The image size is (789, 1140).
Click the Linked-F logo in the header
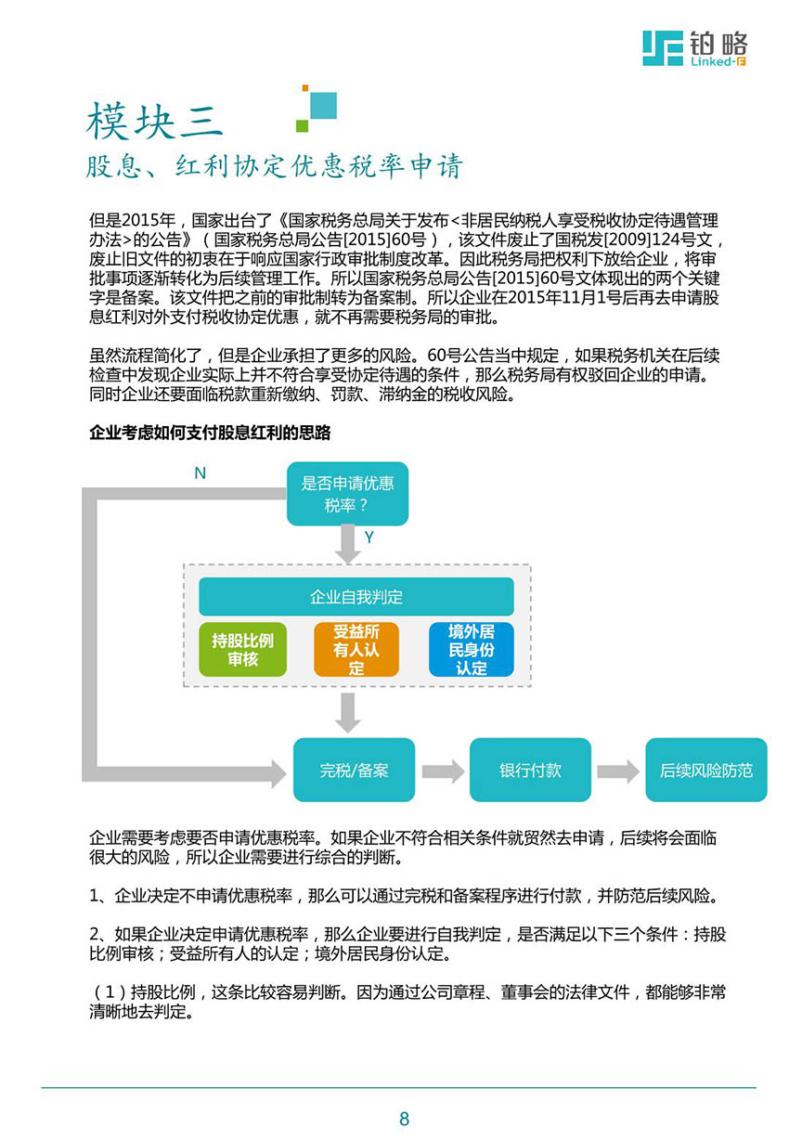point(694,48)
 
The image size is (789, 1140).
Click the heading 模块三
point(154,121)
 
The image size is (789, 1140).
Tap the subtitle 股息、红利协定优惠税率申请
point(275,165)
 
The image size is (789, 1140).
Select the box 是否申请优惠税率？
point(347,494)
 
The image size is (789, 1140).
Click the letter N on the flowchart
point(200,473)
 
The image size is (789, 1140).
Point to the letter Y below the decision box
point(369,537)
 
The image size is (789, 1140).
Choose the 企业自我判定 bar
point(356,597)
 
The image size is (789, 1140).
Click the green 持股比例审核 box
point(243,650)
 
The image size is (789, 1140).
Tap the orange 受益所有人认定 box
point(356,650)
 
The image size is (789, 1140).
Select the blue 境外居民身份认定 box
point(472,650)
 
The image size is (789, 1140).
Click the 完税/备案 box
point(354,770)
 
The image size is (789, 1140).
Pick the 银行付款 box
point(530,770)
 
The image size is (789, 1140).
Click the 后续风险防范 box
point(706,770)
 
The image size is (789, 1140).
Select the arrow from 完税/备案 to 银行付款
point(443,771)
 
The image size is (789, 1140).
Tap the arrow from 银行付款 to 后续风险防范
point(618,771)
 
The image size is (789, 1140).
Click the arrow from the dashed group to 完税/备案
point(348,713)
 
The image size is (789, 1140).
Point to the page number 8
point(404,1119)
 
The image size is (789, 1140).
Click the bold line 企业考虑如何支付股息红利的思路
point(210,433)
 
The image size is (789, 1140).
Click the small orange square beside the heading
point(305,88)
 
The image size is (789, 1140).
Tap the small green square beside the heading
point(303,125)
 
